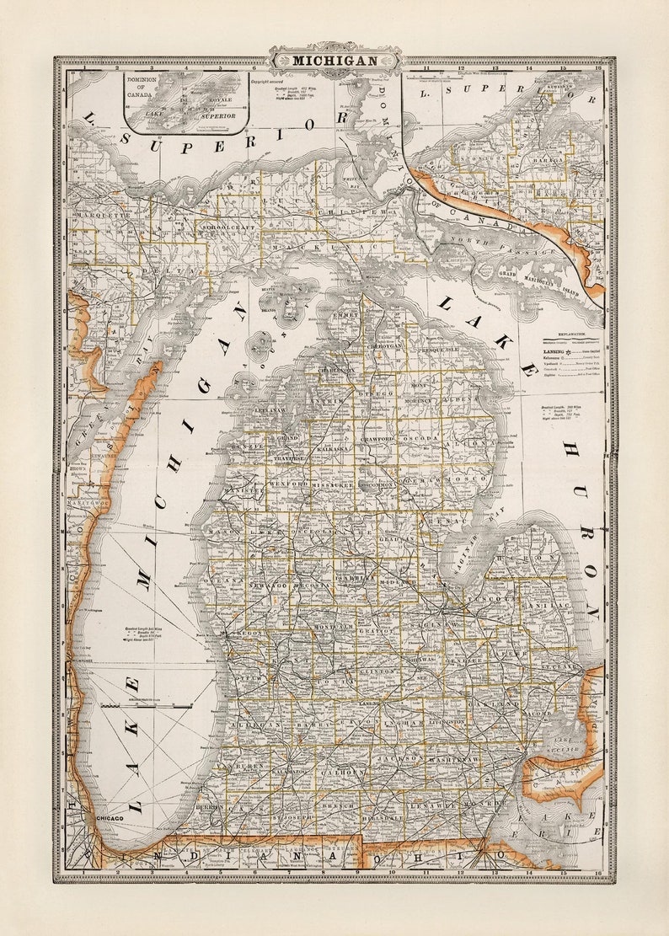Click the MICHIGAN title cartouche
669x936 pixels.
coord(334,60)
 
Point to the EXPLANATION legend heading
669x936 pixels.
coord(570,334)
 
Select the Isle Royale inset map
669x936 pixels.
coord(186,102)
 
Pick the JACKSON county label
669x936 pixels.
coord(399,759)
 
